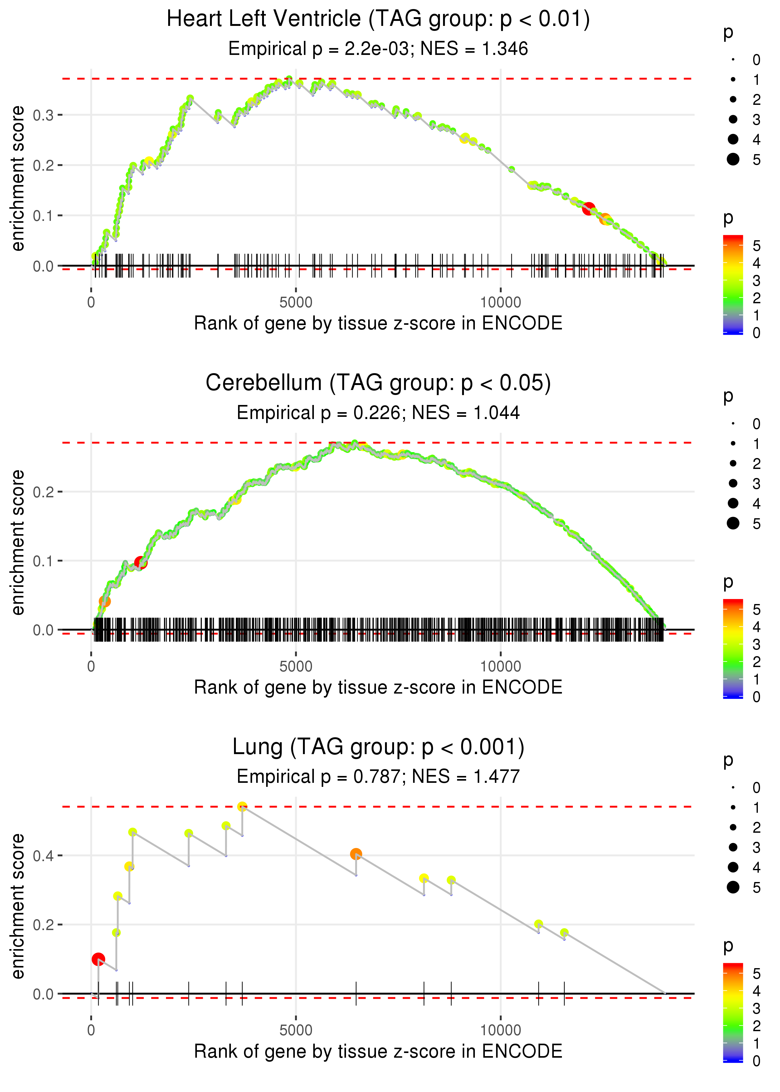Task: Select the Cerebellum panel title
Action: (378, 383)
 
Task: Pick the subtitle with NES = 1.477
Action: (378, 777)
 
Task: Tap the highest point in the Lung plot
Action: (242, 807)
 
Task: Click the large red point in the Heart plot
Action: (588, 208)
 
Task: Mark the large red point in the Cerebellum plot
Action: (141, 562)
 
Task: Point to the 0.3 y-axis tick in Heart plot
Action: (43, 115)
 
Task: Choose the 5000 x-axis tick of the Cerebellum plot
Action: (296, 666)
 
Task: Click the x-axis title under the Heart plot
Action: (378, 324)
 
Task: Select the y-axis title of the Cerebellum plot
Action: (18, 542)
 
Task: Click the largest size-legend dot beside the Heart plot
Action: (733, 159)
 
